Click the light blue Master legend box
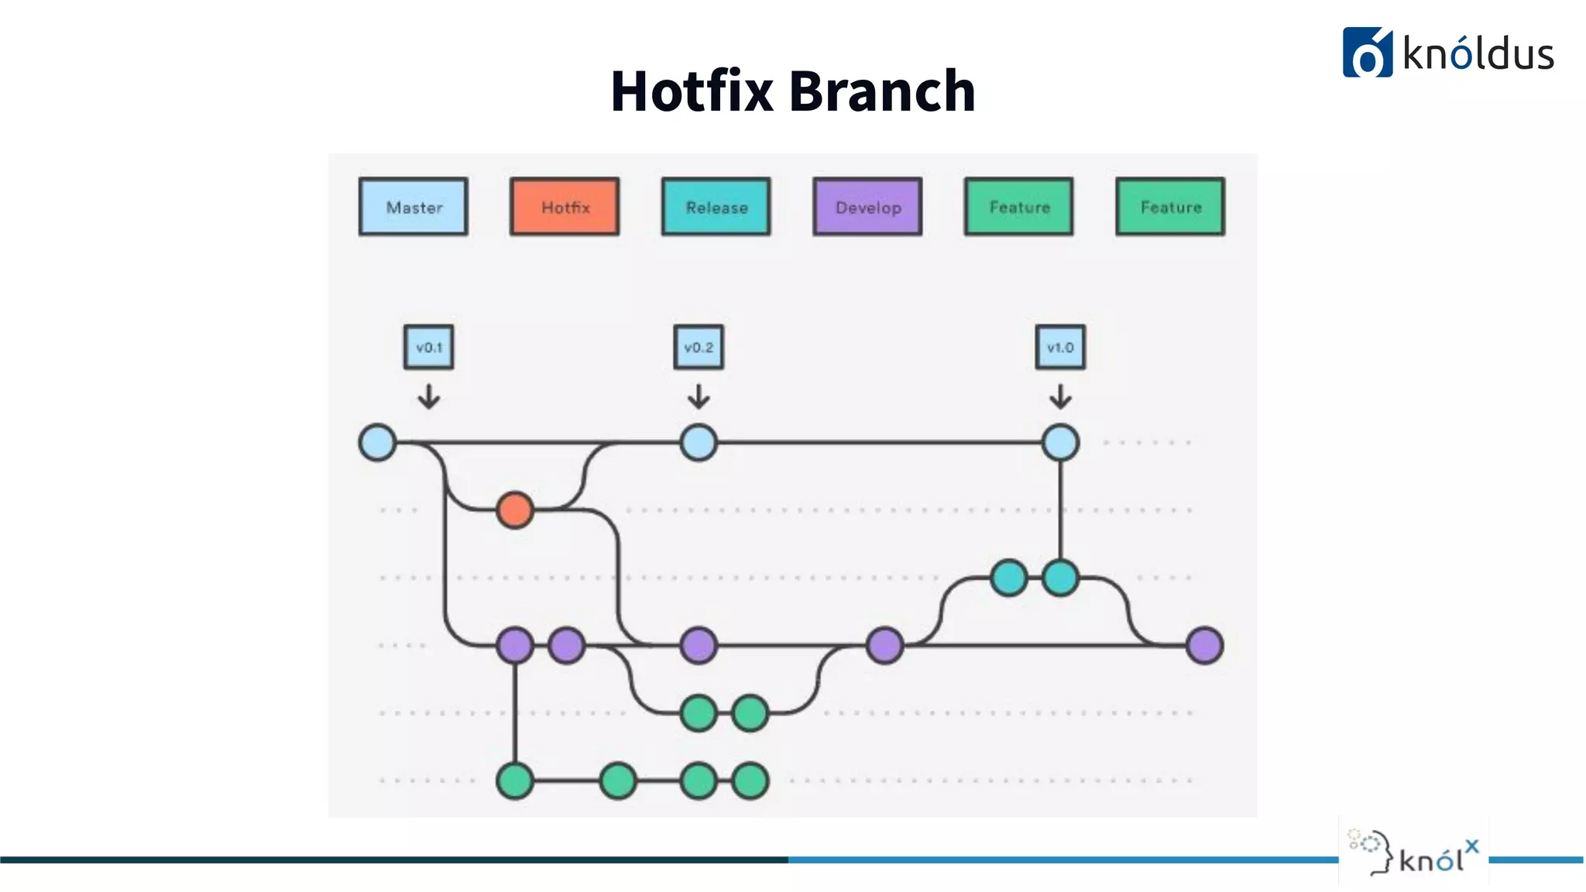413,207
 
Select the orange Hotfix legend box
565,207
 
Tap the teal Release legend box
716,207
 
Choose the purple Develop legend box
867,207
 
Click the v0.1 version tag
428,347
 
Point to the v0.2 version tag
699,347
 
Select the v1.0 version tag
1060,347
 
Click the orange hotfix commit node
515,510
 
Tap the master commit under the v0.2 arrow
699,443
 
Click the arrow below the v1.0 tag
1060,396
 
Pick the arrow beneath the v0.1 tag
428,396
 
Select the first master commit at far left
378,443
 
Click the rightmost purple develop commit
1204,645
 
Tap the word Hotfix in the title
692,91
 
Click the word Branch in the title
882,91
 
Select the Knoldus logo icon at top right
1367,53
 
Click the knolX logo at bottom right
1414,852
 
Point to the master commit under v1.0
1060,443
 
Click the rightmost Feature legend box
1170,207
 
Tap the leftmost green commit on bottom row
515,780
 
